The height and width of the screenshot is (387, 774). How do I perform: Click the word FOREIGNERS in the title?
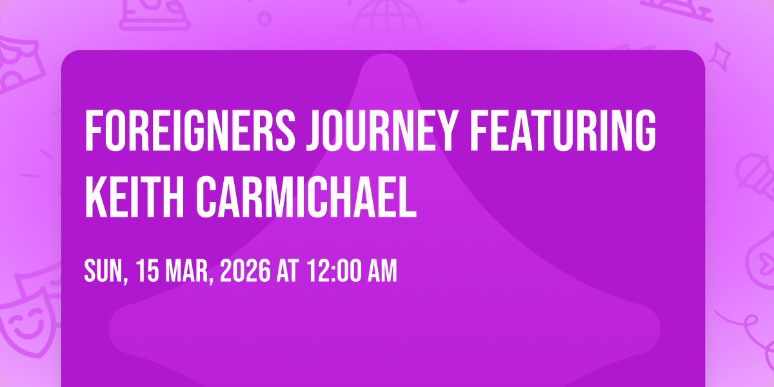(x=190, y=130)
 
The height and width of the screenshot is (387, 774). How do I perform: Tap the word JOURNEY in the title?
(x=382, y=130)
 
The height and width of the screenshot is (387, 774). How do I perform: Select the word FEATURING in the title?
(x=563, y=130)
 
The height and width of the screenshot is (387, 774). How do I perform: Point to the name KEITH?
(x=134, y=197)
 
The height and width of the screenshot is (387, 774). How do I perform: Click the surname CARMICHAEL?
(x=306, y=197)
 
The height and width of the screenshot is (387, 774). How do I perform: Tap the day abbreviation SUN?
(x=106, y=272)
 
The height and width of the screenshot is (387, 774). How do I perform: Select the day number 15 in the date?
(x=148, y=271)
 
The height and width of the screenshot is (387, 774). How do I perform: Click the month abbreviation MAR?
(x=189, y=272)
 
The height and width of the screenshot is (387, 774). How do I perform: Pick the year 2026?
(x=245, y=271)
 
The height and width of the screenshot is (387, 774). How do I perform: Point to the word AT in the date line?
(x=288, y=271)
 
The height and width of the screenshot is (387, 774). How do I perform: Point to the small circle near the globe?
(x=264, y=19)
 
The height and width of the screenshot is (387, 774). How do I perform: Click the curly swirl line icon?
(x=746, y=332)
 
